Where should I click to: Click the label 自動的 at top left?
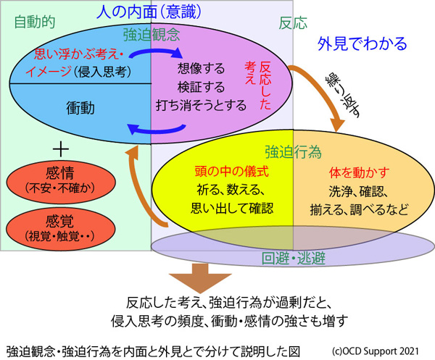[35, 22]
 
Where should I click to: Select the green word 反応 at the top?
[292, 22]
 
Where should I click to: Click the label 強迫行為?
[292, 151]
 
